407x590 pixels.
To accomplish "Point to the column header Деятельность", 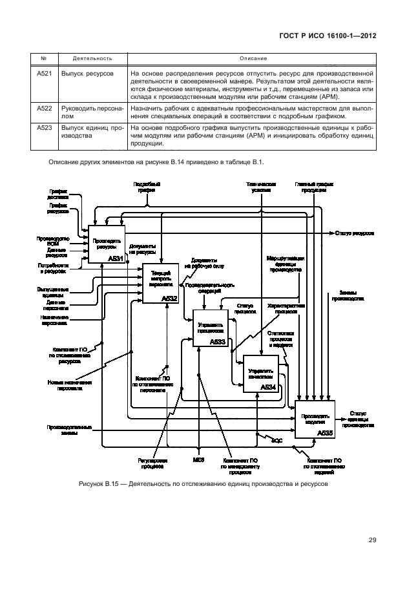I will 89,58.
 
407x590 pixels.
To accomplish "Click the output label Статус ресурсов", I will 353,232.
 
